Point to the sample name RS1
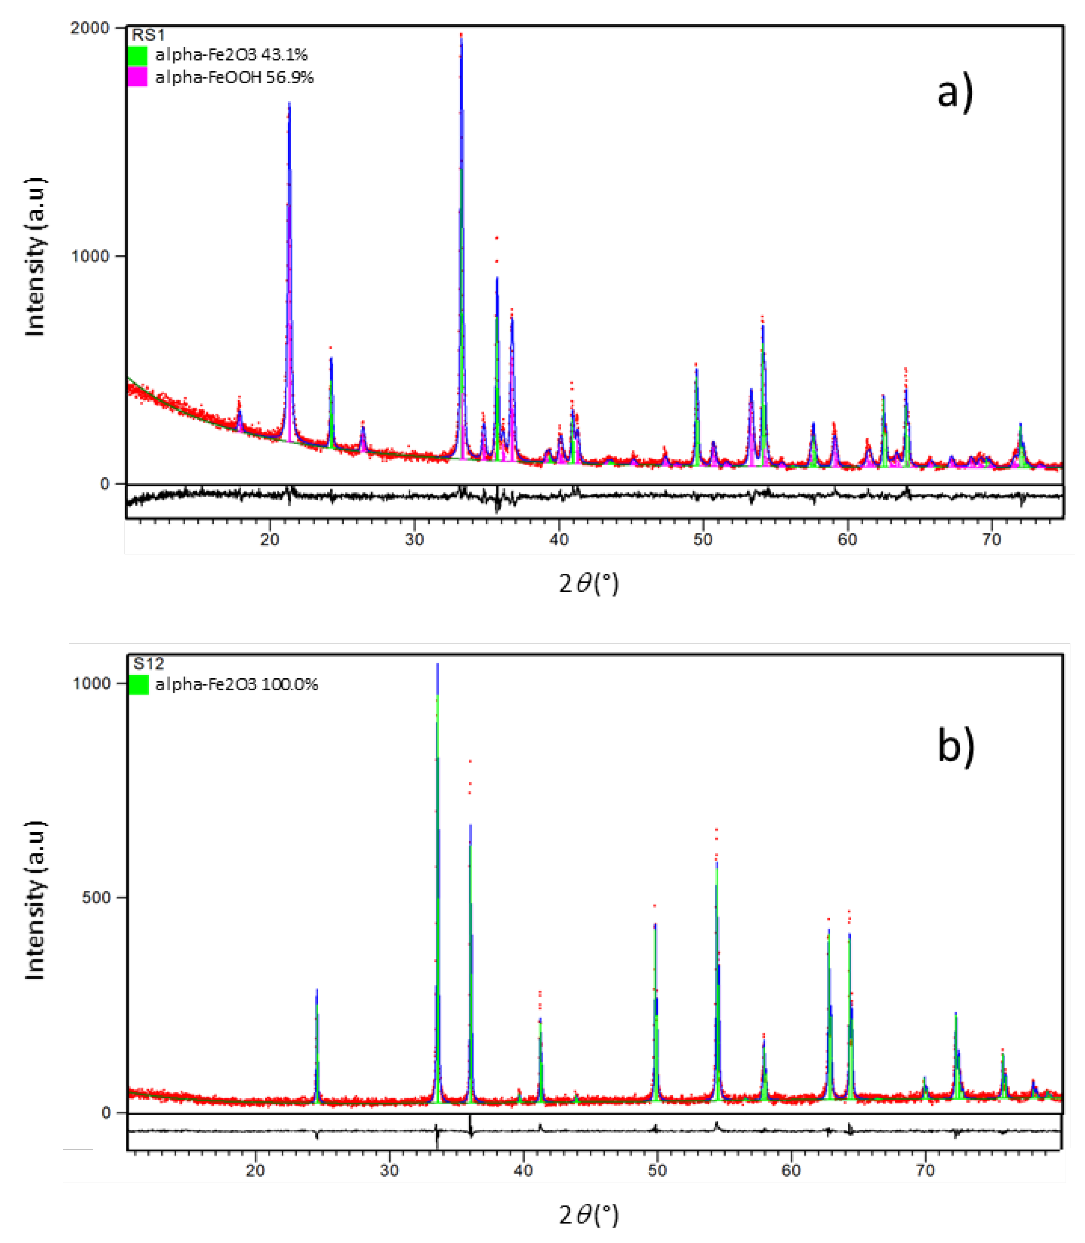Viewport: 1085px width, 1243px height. click(x=148, y=35)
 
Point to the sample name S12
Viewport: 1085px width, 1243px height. click(x=148, y=664)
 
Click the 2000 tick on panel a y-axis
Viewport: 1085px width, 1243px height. click(x=89, y=28)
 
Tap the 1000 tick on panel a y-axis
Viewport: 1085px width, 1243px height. click(x=89, y=256)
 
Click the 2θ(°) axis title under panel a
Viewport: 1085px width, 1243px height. click(x=589, y=584)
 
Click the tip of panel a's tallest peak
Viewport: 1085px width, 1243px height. click(x=461, y=35)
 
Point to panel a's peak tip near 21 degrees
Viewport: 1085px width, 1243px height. click(x=289, y=103)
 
